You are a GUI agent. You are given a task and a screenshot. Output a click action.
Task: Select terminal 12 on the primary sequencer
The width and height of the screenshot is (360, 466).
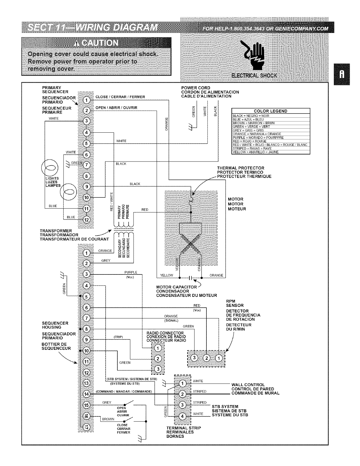click(x=86, y=219)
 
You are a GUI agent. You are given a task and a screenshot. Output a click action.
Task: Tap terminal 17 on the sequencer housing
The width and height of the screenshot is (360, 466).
click(x=86, y=427)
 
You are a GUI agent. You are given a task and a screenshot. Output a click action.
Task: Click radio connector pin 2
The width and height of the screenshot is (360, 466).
click(x=158, y=359)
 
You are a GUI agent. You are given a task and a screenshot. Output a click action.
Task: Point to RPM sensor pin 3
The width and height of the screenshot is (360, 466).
click(x=194, y=358)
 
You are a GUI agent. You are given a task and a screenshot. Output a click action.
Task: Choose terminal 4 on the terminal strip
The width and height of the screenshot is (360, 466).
click(x=183, y=416)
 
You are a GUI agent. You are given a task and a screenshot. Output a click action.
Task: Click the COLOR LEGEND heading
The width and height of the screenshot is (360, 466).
click(x=271, y=111)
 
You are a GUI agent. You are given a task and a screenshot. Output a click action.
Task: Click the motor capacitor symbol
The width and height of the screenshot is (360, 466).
click(x=190, y=277)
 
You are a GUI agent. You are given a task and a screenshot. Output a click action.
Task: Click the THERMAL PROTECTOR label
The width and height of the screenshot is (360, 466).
click(x=241, y=168)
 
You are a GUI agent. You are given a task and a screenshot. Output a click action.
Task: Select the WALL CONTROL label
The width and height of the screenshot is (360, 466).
click(x=248, y=385)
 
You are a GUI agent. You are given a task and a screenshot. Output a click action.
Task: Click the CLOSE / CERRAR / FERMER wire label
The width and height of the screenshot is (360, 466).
click(x=120, y=97)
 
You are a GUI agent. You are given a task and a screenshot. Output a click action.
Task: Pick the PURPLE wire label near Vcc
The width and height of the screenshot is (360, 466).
click(x=131, y=272)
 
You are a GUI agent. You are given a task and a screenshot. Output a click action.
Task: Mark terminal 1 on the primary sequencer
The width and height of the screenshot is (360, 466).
click(x=86, y=100)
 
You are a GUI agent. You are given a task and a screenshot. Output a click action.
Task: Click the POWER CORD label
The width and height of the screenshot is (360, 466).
click(x=196, y=88)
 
